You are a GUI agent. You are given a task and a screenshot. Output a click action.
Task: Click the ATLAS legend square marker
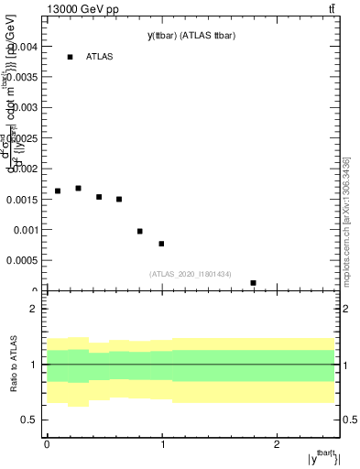[70, 57]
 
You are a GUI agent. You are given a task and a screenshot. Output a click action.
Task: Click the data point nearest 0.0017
[78, 188]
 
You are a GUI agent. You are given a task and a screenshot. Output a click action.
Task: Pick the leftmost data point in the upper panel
[58, 191]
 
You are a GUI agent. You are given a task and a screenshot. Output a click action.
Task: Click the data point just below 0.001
[140, 231]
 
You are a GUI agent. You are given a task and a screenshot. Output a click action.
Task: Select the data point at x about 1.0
[161, 244]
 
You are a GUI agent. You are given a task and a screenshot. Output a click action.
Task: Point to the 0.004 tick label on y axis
[25, 46]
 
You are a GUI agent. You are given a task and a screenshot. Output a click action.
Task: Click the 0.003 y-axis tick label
[25, 107]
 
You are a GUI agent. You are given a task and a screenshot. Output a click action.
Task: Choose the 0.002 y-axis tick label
[25, 169]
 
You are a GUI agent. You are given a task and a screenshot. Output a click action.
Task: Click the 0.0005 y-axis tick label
[22, 261]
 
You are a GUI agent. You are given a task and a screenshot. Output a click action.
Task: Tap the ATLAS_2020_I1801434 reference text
[190, 274]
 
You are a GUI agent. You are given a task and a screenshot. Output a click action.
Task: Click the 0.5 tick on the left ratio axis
[32, 420]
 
